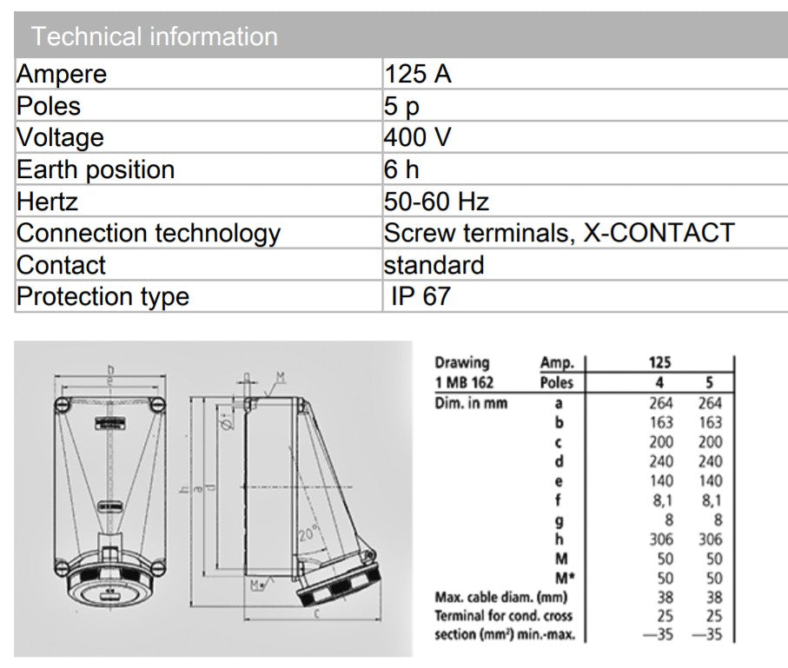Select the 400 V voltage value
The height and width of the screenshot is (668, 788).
pyautogui.click(x=417, y=137)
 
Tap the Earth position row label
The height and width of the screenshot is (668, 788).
pyautogui.click(x=96, y=169)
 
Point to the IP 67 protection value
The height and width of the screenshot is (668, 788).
pyautogui.click(x=420, y=296)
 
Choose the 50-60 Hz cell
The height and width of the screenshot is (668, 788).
pyautogui.click(x=436, y=202)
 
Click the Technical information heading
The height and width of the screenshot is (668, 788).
pyautogui.click(x=154, y=36)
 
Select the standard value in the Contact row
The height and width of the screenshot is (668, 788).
pyautogui.click(x=434, y=265)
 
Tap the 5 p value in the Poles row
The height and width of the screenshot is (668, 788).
pyautogui.click(x=401, y=106)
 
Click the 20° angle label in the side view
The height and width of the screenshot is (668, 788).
pyautogui.click(x=309, y=536)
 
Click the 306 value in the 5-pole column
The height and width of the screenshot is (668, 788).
pyautogui.click(x=709, y=539)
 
